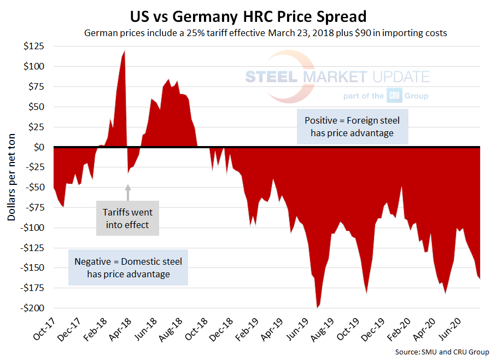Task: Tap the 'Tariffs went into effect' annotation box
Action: coord(127,218)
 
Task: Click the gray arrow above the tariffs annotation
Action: coord(128,193)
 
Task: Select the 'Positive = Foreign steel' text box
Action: coord(352,126)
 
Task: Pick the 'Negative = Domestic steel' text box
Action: coord(128,267)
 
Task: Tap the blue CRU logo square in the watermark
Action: coord(394,95)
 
